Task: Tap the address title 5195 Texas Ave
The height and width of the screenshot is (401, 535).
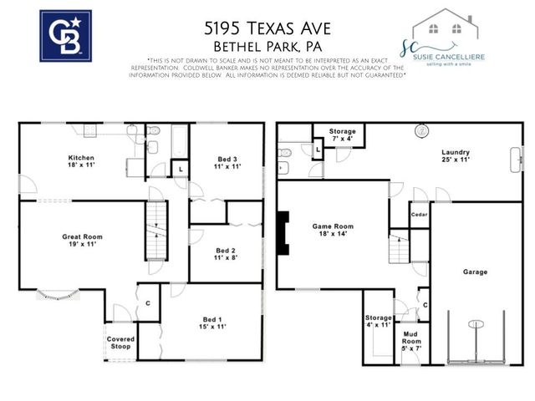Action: point(267,28)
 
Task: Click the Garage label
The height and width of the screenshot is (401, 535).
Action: point(475,272)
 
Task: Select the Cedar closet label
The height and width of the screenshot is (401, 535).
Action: point(419,214)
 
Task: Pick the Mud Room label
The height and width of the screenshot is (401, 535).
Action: point(410,339)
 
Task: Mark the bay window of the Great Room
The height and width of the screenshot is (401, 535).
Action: point(58,293)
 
